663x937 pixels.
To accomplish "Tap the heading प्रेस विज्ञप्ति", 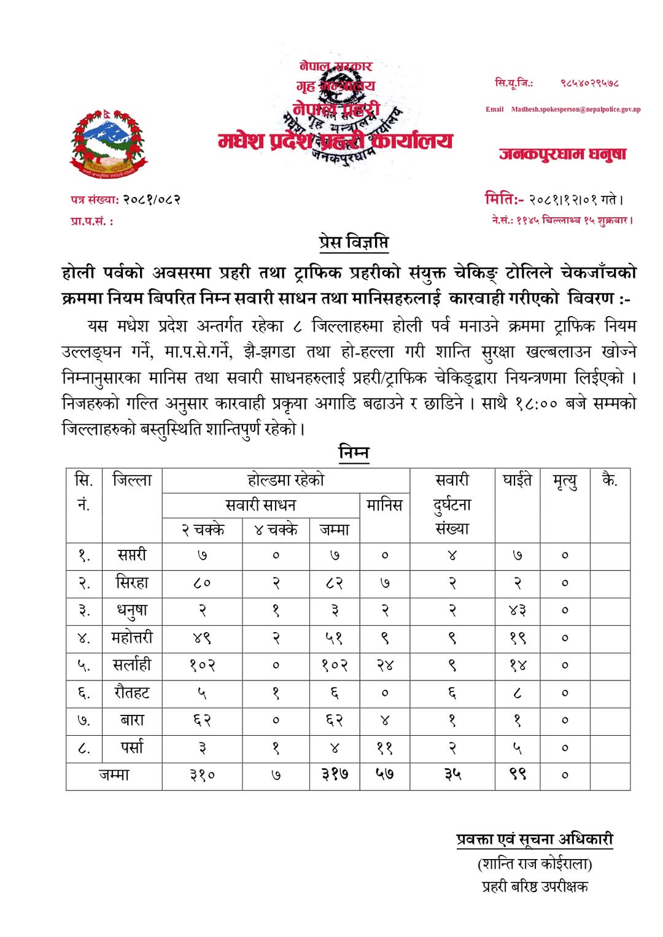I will tap(354, 242).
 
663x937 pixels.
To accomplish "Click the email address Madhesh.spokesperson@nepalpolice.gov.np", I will tap(575, 109).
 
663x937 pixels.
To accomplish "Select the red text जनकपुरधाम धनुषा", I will tap(562, 153).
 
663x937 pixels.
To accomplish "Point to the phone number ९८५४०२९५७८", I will tap(589, 83).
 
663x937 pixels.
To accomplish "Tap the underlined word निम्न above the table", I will tap(354, 453).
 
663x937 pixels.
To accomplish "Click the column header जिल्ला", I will tap(132, 480).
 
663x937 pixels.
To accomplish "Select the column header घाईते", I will tap(517, 480).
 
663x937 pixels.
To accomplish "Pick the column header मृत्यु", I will tap(565, 482).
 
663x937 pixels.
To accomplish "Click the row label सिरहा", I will tap(132, 582).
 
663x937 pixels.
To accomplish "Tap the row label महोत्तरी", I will tap(132, 638).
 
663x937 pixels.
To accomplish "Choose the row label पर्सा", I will tap(132, 747).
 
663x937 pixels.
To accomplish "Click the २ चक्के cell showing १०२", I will tap(202, 665).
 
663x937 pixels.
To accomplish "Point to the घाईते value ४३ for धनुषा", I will tap(517, 611).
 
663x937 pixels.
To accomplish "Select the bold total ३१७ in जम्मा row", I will tap(335, 775).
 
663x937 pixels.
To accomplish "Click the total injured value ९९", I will tap(517, 775).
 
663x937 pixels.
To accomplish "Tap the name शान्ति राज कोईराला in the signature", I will tap(535, 864).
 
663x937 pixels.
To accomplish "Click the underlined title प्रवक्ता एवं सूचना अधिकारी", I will tap(535, 839).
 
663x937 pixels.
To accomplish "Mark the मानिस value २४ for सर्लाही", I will tap(384, 665).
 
